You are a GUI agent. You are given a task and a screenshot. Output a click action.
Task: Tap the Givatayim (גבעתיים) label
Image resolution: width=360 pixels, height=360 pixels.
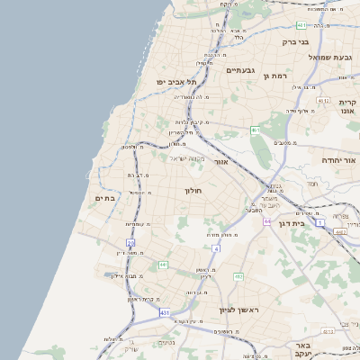[242, 70]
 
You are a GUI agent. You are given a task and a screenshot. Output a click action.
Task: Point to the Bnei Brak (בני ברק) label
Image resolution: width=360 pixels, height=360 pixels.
[295, 41]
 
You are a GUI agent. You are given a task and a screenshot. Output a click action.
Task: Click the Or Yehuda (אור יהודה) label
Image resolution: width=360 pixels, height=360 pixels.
[338, 160]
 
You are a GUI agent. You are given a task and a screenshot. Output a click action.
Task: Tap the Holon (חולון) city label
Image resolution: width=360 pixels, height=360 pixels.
[194, 192]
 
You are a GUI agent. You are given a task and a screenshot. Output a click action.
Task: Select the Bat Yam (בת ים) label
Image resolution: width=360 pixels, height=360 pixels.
[105, 198]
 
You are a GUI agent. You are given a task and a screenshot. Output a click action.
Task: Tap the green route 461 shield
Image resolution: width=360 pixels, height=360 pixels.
[255, 130]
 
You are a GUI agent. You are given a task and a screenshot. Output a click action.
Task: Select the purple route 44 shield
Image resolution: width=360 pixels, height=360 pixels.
[267, 220]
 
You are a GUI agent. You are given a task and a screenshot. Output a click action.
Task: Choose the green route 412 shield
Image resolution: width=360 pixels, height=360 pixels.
[238, 276]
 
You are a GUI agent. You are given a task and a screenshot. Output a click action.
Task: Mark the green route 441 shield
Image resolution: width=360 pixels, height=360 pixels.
[163, 265]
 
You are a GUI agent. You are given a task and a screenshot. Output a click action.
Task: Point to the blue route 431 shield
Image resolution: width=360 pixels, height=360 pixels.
[165, 312]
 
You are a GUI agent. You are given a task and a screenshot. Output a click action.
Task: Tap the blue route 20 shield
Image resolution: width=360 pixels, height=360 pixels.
[130, 243]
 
